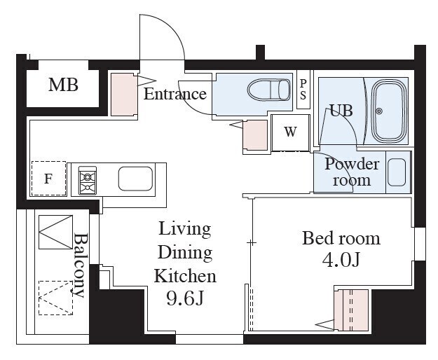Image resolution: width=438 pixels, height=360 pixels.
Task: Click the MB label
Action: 63,85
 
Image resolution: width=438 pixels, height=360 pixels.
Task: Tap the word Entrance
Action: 175,94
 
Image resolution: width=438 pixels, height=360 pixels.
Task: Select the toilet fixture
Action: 268,90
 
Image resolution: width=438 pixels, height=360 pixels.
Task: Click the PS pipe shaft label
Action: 303,90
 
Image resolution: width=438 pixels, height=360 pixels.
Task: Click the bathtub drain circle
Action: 379,111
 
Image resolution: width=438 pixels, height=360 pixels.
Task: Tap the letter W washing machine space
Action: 291,132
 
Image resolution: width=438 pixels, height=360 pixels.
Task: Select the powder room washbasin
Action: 397,172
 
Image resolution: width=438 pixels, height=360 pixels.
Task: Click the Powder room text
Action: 352,172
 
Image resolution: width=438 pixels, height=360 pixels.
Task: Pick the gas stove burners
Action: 88,181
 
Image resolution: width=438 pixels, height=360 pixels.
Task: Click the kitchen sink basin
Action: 135,179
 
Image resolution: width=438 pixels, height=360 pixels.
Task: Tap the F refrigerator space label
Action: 48,179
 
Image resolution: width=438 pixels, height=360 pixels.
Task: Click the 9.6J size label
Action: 184,298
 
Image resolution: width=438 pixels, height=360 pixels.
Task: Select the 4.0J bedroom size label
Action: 341,260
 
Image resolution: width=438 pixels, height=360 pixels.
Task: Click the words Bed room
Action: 341,239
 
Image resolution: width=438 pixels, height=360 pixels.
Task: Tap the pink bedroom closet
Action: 351,310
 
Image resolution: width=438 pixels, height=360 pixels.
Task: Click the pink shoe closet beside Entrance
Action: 124,95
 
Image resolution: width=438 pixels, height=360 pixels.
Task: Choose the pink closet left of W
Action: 255,135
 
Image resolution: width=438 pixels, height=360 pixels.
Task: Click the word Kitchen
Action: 185,276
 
